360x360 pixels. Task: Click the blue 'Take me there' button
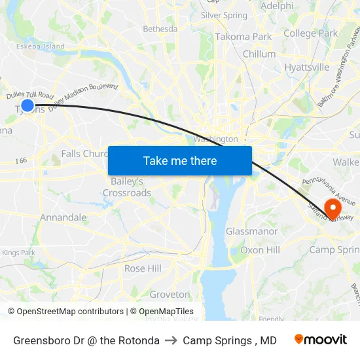(x=180, y=160)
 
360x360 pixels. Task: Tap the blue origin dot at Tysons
(x=27, y=105)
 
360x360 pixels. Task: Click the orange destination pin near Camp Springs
(x=333, y=209)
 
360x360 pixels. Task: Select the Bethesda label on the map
(x=160, y=29)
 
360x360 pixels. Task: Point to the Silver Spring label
(x=224, y=15)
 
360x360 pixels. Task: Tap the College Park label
(x=310, y=33)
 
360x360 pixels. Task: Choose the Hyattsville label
(x=306, y=67)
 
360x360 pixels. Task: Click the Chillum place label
(x=259, y=54)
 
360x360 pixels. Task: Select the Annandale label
(x=63, y=217)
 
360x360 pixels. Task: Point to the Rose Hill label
(x=143, y=268)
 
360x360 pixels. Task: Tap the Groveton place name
(x=170, y=295)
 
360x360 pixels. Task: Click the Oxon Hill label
(x=260, y=250)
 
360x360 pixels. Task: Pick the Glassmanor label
(x=251, y=232)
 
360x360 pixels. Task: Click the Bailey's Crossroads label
(x=127, y=187)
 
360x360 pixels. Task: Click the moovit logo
(x=320, y=340)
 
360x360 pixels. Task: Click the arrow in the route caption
(x=171, y=340)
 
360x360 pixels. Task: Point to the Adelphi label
(x=277, y=6)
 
